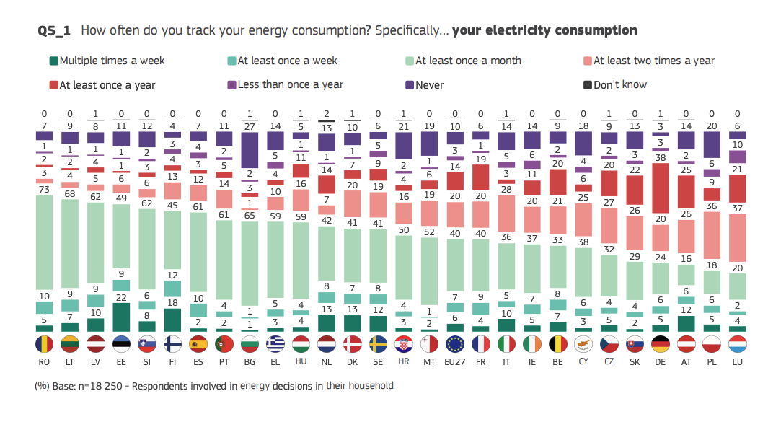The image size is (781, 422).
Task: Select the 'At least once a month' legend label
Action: click(x=467, y=61)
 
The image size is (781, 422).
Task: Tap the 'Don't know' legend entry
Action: click(x=619, y=84)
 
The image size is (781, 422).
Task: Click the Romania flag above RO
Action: click(x=45, y=343)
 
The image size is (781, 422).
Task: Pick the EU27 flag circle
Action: click(x=456, y=343)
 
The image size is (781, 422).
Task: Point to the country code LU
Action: click(x=738, y=361)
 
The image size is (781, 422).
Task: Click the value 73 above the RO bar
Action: click(x=45, y=189)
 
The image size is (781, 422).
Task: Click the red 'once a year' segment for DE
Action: click(x=661, y=188)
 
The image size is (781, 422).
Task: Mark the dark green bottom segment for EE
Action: click(x=122, y=317)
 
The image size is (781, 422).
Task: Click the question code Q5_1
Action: click(x=54, y=30)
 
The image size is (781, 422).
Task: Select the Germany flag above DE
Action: click(x=661, y=343)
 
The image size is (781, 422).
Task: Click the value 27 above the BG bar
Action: click(x=250, y=126)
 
